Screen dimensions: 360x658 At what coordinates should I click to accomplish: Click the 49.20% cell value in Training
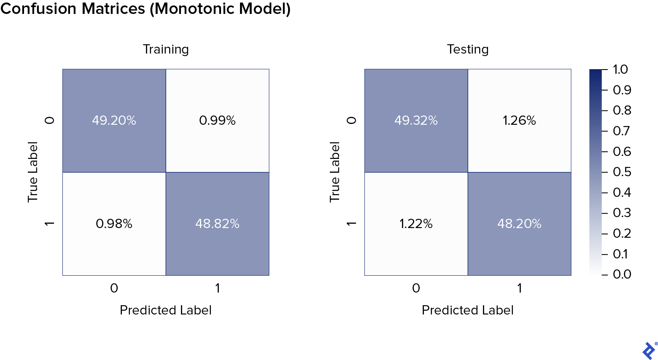[x=114, y=121]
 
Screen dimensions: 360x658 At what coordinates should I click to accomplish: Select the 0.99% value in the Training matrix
[x=217, y=121]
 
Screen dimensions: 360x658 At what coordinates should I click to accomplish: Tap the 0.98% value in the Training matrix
[x=114, y=224]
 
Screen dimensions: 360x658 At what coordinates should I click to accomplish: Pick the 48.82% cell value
[x=217, y=224]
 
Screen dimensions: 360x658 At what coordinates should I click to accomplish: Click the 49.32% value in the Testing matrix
[x=416, y=121]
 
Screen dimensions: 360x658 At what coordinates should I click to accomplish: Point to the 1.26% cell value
[x=519, y=121]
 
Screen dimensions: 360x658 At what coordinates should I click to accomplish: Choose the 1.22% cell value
[x=416, y=224]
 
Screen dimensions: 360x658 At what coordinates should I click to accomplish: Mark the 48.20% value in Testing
[x=519, y=224]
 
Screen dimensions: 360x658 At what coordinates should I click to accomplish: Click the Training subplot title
[x=166, y=49]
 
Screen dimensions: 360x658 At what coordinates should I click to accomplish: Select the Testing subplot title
[x=468, y=49]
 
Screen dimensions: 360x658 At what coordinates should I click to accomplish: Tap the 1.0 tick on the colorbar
[x=620, y=70]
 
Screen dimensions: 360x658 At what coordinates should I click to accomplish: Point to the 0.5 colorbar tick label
[x=622, y=172]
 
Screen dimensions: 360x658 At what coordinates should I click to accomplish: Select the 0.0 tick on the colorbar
[x=622, y=274]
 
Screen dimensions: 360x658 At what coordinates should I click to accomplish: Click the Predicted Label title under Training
[x=166, y=310]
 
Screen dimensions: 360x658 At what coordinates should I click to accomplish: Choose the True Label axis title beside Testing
[x=334, y=172]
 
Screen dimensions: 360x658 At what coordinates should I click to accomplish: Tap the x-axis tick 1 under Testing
[x=519, y=288]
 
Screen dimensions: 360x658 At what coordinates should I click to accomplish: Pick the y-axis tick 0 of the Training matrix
[x=50, y=121]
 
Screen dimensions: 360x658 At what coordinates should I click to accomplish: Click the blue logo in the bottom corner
[x=649, y=350]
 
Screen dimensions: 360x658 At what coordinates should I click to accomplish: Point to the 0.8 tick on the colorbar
[x=622, y=110]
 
